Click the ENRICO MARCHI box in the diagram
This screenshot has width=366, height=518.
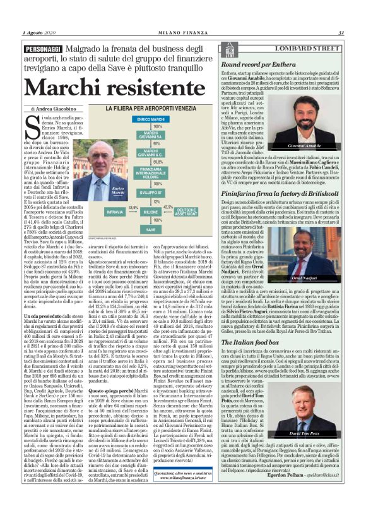(150, 119)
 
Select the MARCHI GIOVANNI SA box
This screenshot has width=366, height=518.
(150, 135)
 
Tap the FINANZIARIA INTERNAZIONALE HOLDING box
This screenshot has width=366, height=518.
(150, 172)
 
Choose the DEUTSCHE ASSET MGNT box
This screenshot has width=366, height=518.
(187, 212)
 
